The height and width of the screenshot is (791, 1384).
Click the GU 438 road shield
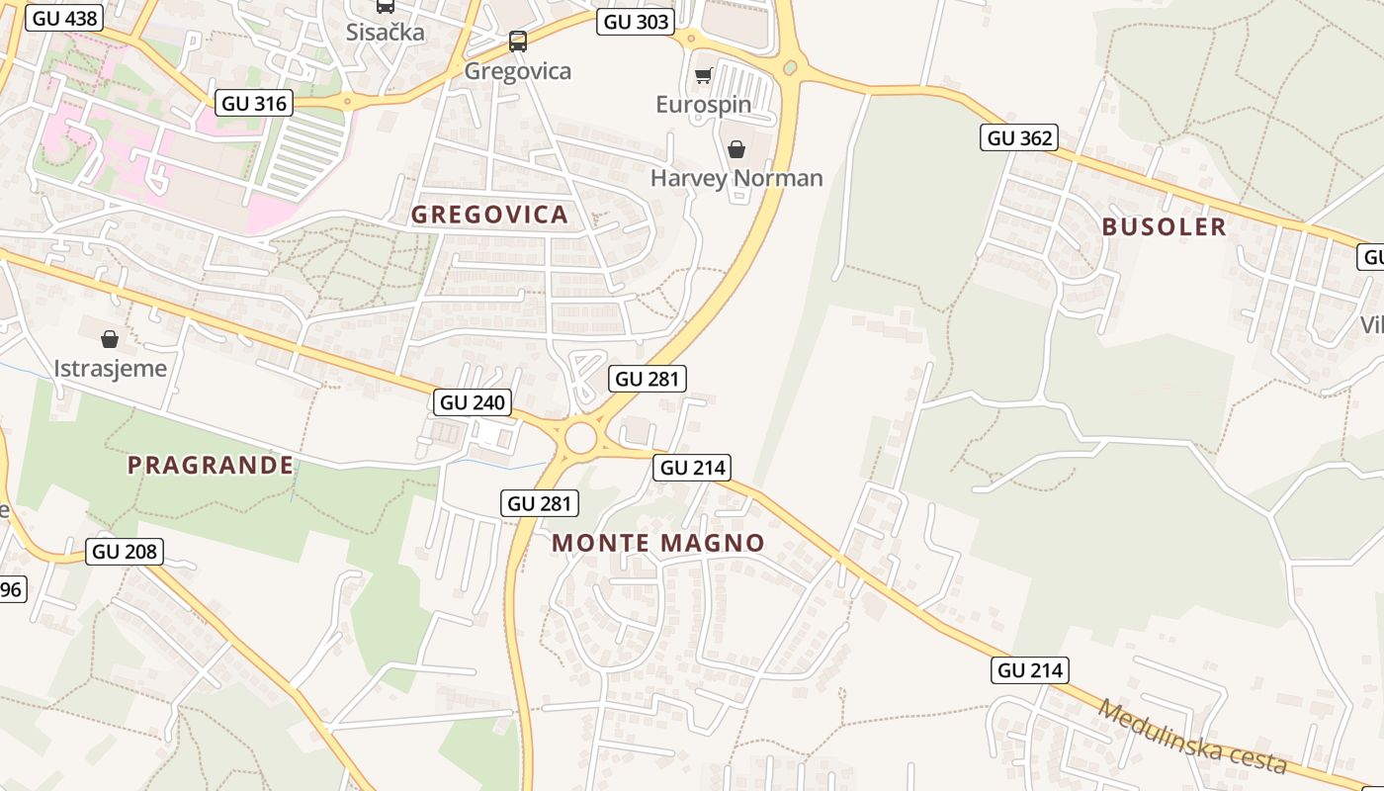(x=64, y=18)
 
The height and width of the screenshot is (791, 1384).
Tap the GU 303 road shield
(x=635, y=22)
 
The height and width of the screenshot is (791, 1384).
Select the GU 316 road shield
(x=254, y=103)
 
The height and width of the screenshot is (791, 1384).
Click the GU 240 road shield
(x=473, y=402)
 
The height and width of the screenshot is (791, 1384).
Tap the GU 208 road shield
(x=125, y=551)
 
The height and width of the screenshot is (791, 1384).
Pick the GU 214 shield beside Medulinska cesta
(x=1030, y=670)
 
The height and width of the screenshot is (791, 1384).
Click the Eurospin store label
(x=703, y=104)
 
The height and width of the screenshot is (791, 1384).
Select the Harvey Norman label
(x=736, y=178)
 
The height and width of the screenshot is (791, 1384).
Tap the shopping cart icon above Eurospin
(x=703, y=76)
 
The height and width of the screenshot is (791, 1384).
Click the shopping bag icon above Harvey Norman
(x=736, y=149)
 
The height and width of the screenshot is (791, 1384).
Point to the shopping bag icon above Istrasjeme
(x=110, y=339)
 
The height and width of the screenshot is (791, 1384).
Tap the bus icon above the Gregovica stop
(x=518, y=42)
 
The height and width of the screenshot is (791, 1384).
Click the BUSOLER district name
(x=1164, y=226)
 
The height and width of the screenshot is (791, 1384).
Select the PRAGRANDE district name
(x=211, y=465)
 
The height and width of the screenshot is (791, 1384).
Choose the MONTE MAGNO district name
(x=658, y=542)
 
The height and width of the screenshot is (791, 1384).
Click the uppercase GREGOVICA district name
(x=489, y=215)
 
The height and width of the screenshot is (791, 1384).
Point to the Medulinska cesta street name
(x=1191, y=737)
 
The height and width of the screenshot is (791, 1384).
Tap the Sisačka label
(x=386, y=32)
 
